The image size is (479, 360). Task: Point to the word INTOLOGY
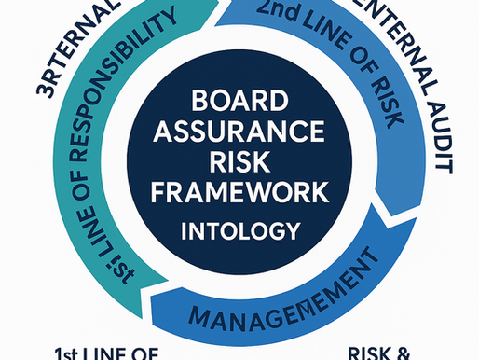240,228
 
